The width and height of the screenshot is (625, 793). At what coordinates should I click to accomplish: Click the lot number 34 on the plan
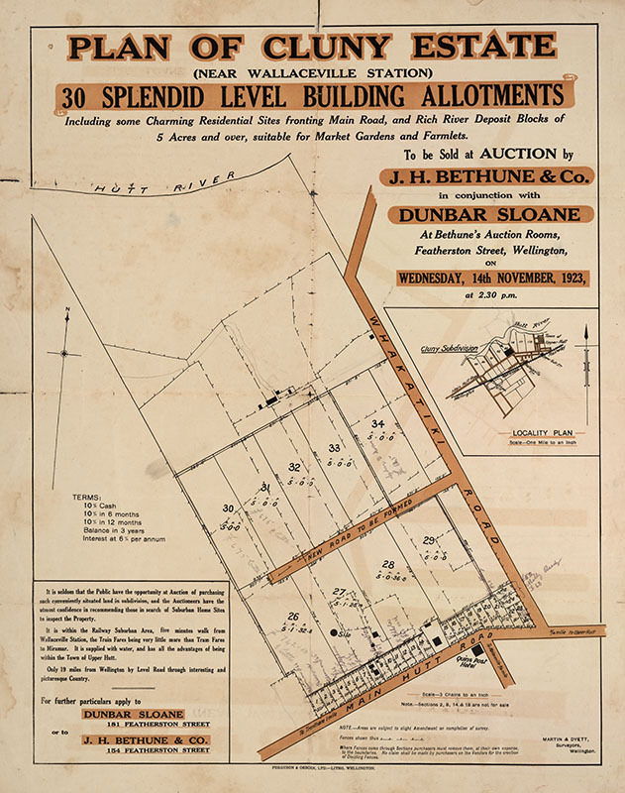(x=378, y=423)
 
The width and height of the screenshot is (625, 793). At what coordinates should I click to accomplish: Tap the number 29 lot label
(x=429, y=539)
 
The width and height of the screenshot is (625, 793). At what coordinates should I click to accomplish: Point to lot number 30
(x=228, y=509)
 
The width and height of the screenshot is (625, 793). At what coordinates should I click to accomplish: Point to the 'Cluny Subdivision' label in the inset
(x=449, y=349)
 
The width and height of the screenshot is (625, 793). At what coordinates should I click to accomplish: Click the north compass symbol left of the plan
(x=65, y=352)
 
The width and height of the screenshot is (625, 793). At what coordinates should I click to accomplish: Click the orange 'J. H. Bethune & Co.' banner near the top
(x=482, y=177)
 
